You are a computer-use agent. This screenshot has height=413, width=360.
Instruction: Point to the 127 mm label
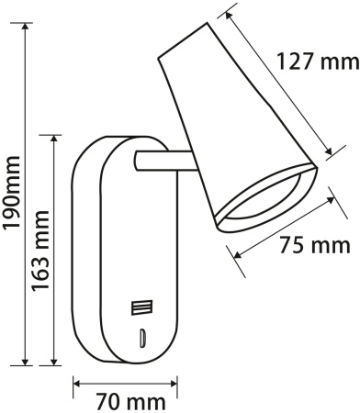(318, 63)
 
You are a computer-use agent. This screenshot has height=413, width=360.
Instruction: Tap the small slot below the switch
(142, 337)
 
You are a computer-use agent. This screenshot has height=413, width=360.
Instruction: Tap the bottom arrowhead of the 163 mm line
(57, 361)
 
